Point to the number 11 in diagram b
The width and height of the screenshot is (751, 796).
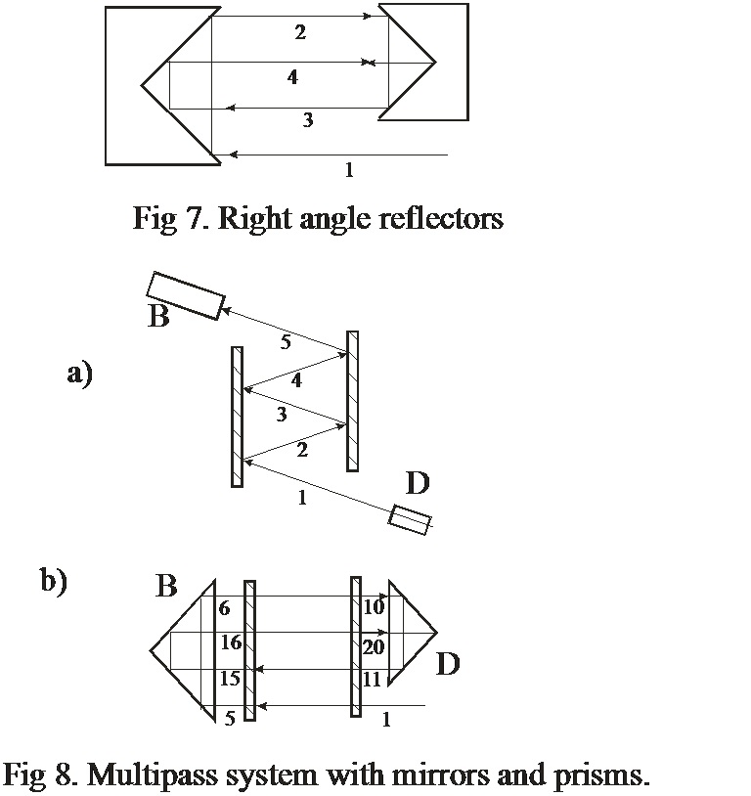[373, 680]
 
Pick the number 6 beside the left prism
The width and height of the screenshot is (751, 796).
[225, 608]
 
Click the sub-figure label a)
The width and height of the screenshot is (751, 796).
[79, 374]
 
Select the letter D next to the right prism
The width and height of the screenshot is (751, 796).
[448, 665]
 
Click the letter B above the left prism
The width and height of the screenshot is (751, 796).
[166, 586]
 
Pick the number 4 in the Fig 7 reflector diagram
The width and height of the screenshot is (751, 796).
[292, 77]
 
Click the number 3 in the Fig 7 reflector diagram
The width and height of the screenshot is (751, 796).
[307, 120]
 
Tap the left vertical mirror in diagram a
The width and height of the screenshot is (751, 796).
[237, 416]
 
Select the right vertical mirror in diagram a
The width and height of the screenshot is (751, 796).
[352, 401]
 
